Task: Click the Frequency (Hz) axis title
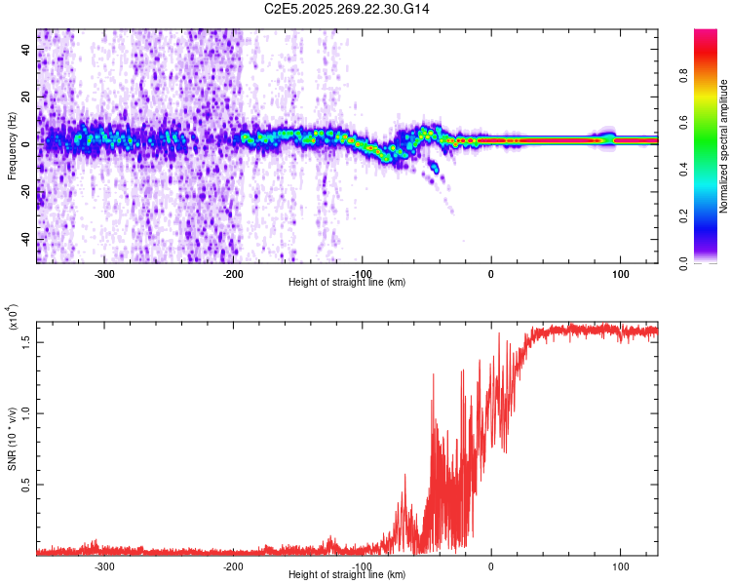pyautogui.click(x=12, y=146)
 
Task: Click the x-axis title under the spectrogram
pyautogui.click(x=347, y=283)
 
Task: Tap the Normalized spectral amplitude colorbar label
pyautogui.click(x=724, y=146)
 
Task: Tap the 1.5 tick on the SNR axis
pyautogui.click(x=26, y=340)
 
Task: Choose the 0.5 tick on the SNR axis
pyautogui.click(x=26, y=485)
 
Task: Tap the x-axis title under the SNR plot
pyautogui.click(x=347, y=575)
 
